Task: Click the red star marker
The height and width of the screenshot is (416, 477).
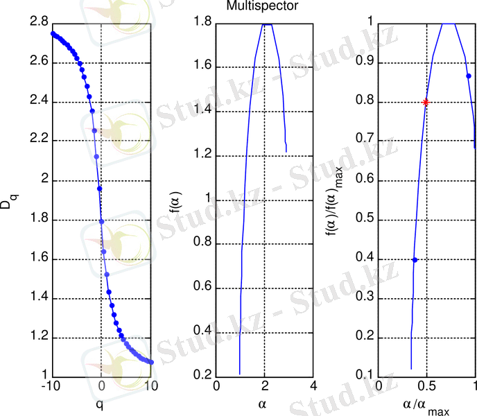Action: click(426, 102)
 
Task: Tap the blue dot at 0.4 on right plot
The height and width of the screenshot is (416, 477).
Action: click(415, 260)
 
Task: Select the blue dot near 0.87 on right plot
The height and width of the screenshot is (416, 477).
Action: click(469, 76)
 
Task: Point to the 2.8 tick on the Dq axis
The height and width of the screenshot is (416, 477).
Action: click(39, 23)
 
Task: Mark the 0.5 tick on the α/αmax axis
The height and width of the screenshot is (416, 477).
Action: click(427, 385)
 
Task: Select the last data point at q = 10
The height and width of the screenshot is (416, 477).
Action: click(150, 362)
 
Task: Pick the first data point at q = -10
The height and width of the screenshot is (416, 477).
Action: click(53, 33)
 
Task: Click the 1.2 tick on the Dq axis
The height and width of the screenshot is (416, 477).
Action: click(39, 338)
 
